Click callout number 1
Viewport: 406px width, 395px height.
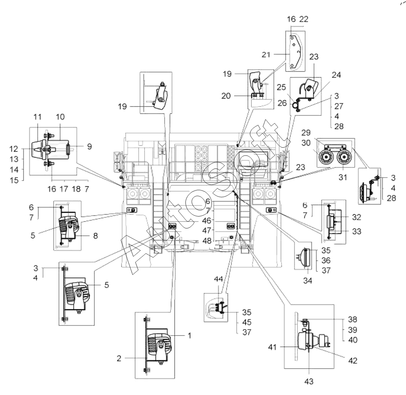tap(189, 336)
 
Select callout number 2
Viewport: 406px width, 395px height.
tap(119, 358)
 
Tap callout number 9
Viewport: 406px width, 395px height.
tap(89, 147)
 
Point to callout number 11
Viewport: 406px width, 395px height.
tap(37, 117)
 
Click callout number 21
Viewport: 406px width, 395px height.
tap(266, 55)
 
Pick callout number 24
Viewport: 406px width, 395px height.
tap(336, 75)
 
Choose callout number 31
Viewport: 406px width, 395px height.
tap(343, 178)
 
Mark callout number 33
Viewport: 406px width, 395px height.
tap(356, 231)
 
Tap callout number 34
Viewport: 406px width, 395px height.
tap(308, 280)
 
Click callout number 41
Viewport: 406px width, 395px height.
tap(273, 347)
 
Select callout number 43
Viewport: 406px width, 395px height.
tap(309, 381)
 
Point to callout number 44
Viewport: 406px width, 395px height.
tap(219, 279)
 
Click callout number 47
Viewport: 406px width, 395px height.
tap(207, 230)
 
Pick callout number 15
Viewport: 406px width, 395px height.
tap(14, 180)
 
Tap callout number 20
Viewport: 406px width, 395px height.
tap(226, 96)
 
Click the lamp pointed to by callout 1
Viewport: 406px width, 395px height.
tap(158, 347)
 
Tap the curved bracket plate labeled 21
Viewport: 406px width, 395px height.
tap(295, 52)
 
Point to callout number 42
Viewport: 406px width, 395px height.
tap(353, 361)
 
